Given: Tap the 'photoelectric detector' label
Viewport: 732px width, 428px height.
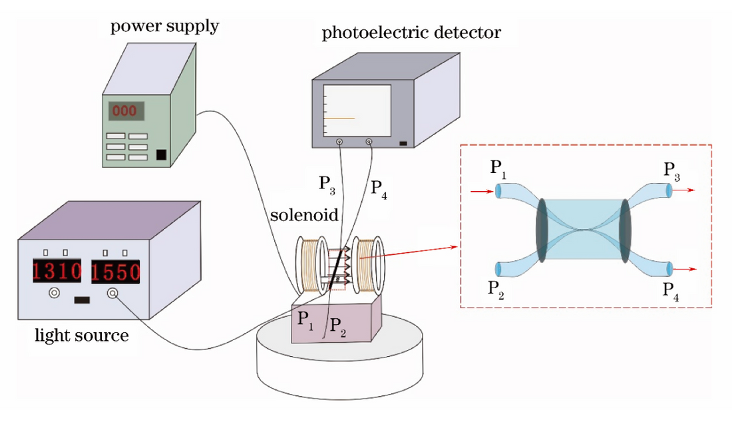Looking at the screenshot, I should click(411, 33).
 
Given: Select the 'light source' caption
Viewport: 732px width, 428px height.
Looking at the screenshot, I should click(81, 335).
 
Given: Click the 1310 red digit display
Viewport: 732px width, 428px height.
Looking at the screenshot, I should click(57, 271).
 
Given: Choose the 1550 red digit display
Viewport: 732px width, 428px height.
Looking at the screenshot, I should click(116, 271).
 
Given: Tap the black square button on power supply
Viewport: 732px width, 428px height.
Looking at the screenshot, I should click(160, 155).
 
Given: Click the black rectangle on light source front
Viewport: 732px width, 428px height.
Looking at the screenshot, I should click(82, 300).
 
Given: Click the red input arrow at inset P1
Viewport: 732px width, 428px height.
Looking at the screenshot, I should click(481, 192).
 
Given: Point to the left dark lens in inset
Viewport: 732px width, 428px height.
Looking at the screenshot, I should click(542, 230).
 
